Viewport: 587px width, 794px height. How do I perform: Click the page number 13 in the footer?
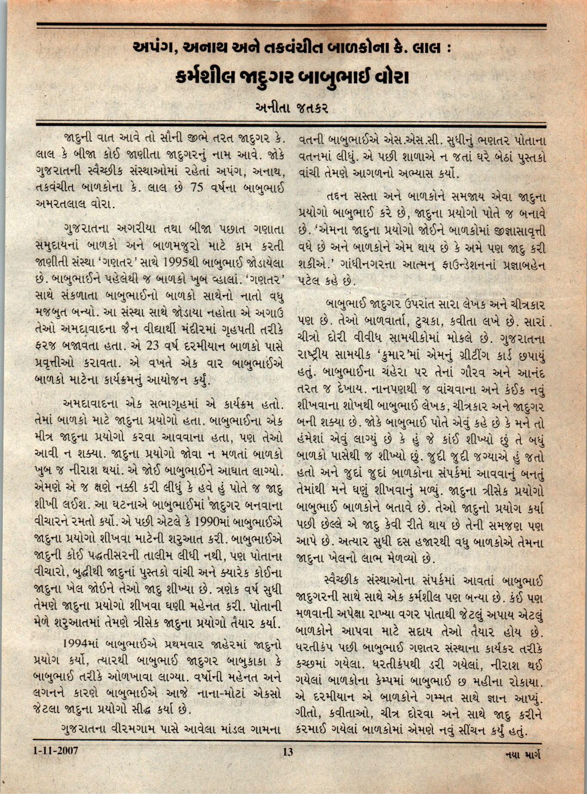point(288,752)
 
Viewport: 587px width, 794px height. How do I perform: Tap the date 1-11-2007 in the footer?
point(56,751)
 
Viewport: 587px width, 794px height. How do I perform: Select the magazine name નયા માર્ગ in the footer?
point(521,754)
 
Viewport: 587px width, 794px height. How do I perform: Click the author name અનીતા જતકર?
point(291,107)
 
